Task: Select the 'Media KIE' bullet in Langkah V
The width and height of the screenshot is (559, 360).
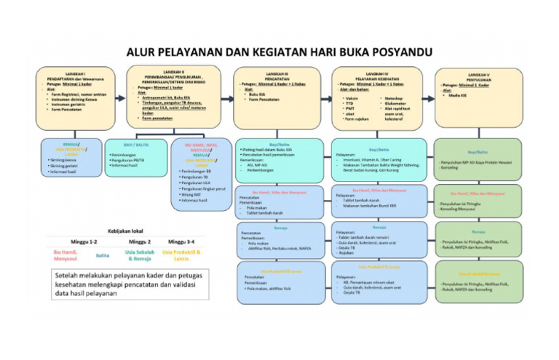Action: [460, 95]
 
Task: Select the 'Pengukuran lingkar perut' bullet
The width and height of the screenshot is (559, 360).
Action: [204, 188]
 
